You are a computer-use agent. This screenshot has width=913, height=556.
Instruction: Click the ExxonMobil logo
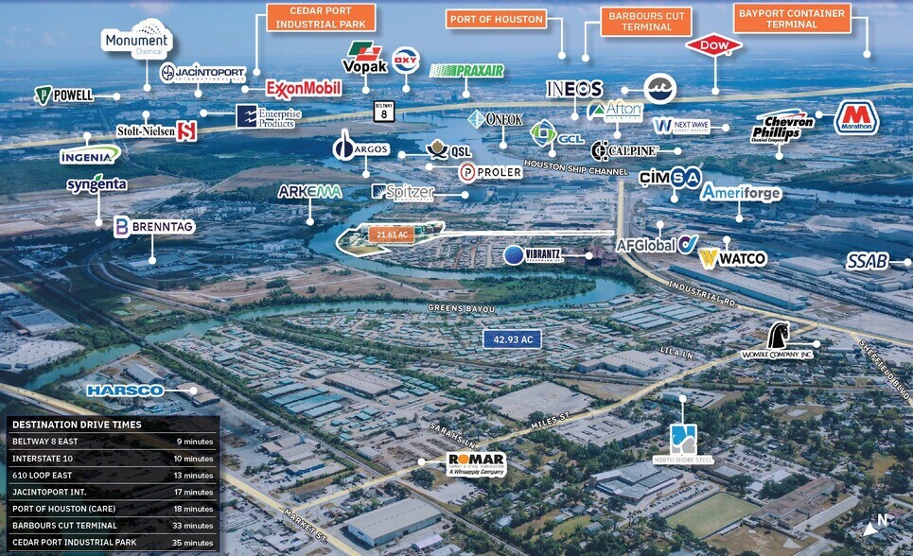pos(303,89)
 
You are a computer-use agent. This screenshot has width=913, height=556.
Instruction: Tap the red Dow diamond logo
pos(713,45)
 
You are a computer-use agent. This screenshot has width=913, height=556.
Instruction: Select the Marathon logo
pos(856,118)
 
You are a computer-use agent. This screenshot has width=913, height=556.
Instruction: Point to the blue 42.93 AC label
pos(512,339)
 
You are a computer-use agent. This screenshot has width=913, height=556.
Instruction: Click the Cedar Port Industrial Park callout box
pos(321,18)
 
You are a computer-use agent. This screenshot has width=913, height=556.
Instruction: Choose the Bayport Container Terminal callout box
pos(792,18)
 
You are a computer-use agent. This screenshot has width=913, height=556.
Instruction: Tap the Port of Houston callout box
pos(497,19)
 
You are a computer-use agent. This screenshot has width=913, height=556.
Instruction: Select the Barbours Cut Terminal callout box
pos(647,22)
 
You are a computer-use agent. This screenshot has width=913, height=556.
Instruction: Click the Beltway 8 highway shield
pos(383,112)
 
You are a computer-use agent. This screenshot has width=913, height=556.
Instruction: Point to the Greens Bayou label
pos(461,308)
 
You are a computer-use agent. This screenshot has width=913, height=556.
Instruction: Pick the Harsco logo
pos(125,390)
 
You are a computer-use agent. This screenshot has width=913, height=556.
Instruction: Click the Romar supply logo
pos(475,463)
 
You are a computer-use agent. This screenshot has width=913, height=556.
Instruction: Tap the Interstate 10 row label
pos(44,459)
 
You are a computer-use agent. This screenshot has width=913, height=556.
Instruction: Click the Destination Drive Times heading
pos(75,425)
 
